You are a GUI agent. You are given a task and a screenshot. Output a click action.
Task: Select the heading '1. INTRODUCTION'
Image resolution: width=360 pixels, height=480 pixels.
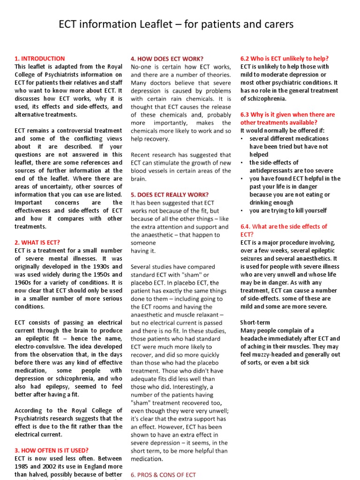(x=40, y=59)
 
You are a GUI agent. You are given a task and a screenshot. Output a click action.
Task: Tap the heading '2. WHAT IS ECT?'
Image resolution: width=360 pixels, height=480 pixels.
(x=37, y=242)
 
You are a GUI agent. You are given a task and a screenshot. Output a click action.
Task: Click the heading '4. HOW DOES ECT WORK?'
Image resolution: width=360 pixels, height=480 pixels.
(x=167, y=59)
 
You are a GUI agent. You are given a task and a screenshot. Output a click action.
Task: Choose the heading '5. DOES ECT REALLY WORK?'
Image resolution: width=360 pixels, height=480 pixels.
(x=170, y=195)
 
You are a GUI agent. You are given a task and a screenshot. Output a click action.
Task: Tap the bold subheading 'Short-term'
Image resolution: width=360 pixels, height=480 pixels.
(x=255, y=322)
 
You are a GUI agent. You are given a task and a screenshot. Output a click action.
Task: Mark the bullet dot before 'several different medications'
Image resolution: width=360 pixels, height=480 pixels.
(x=242, y=139)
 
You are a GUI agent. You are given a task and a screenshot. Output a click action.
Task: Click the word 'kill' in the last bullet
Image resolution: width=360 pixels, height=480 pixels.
(x=296, y=210)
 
